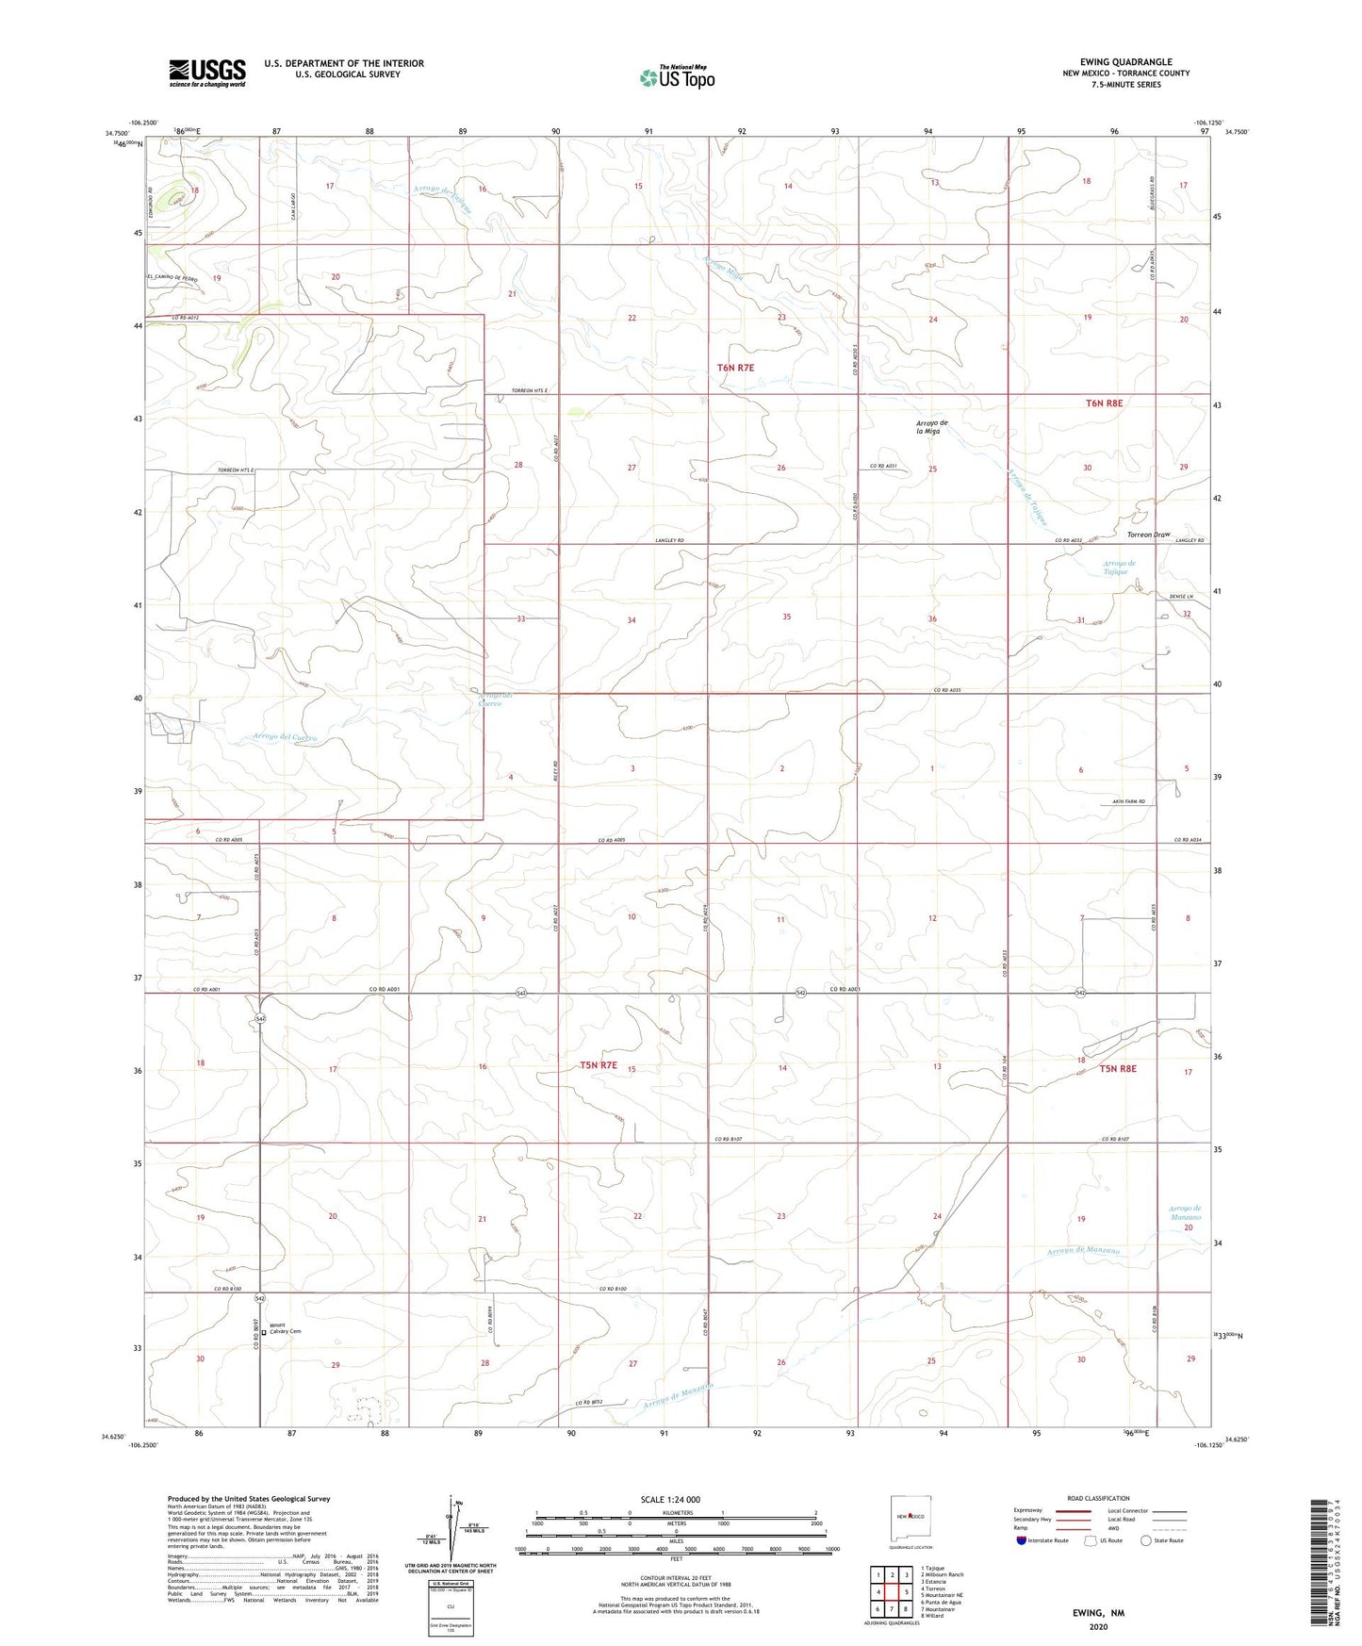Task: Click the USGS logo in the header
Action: coord(207,73)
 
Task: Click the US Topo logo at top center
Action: coord(677,77)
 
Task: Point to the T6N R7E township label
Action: coord(735,368)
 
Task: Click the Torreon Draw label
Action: coord(1147,535)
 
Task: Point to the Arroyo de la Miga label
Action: coord(932,426)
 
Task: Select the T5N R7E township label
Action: coord(598,1065)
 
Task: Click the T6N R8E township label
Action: coord(1104,403)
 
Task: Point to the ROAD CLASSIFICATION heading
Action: coord(1098,1498)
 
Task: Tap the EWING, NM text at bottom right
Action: coord(1097,1613)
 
